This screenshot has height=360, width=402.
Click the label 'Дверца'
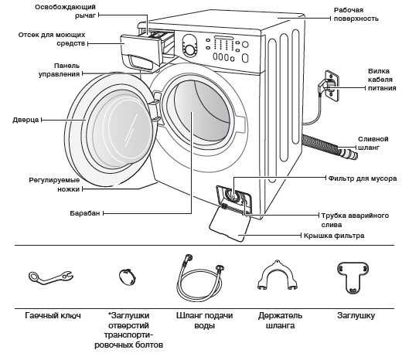[26, 120]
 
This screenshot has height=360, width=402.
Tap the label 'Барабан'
[85, 213]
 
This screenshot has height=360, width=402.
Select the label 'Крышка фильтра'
[334, 236]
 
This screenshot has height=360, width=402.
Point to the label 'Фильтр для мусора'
[363, 178]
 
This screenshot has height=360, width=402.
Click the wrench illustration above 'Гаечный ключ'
[50, 277]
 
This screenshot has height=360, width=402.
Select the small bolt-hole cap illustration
[128, 277]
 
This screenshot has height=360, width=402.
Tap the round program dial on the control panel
[190, 50]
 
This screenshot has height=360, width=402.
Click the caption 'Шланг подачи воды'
[205, 321]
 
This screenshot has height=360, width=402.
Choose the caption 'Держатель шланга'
[280, 321]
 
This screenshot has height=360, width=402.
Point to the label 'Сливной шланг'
[373, 143]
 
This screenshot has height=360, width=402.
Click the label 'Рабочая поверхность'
[356, 15]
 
